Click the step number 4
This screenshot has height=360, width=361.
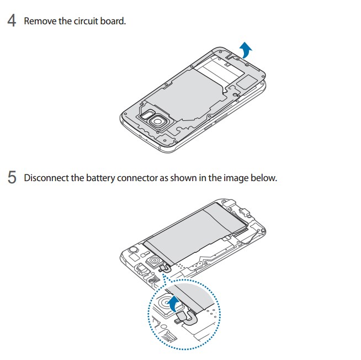(11, 22)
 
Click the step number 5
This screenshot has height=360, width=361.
(11, 178)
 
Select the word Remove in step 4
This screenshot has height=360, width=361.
(40, 22)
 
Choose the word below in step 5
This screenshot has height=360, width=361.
(262, 178)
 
